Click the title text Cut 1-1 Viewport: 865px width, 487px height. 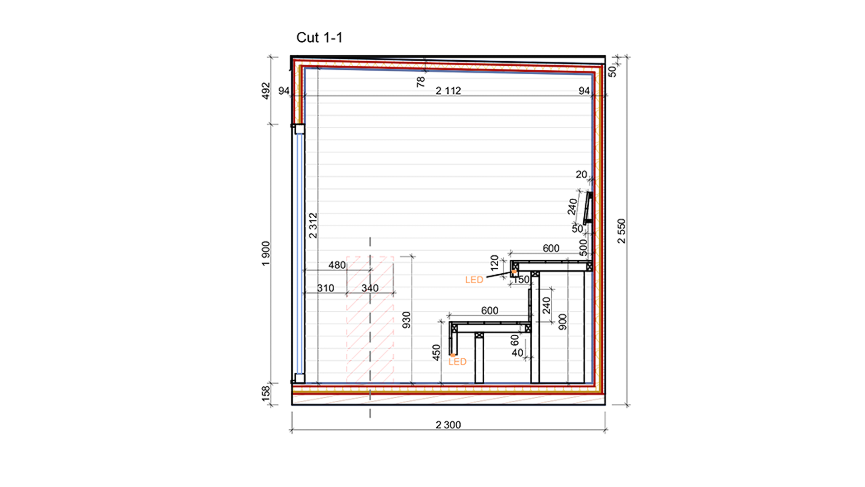pos(319,38)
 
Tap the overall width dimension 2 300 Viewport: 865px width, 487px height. pos(448,425)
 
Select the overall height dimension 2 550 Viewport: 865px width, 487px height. pos(622,231)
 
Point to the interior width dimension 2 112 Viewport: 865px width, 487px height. pos(448,91)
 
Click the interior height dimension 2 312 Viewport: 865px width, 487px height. pos(313,226)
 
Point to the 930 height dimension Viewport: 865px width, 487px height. pos(406,320)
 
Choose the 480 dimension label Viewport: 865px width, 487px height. pos(337,265)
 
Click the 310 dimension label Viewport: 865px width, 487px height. pos(326,288)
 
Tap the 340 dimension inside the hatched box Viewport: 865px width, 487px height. pos(370,288)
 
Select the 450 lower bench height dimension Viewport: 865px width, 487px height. pos(436,353)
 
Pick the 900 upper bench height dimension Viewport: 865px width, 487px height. pos(562,322)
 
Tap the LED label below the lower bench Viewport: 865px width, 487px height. pos(457,362)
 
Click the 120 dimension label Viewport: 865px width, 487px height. pos(494,263)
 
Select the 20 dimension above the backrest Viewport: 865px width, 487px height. pos(581,174)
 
